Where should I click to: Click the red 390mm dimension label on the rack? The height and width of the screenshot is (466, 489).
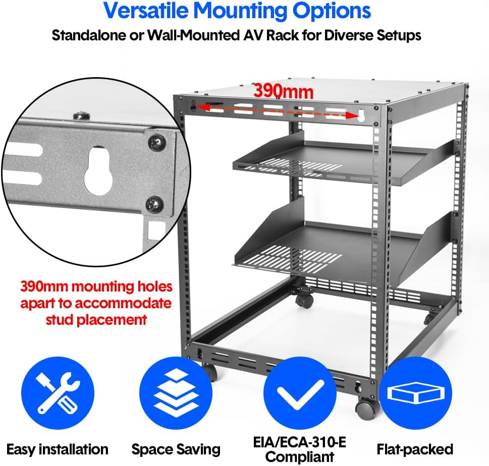click(283, 91)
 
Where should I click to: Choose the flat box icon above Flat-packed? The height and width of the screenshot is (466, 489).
click(415, 393)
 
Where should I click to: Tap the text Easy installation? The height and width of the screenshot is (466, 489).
click(58, 449)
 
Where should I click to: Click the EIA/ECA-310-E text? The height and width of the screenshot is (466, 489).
click(300, 443)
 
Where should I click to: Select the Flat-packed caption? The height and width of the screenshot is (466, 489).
click(415, 449)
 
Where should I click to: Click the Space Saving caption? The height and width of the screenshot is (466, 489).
click(176, 449)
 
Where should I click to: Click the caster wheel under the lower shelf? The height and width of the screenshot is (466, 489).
click(304, 301)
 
